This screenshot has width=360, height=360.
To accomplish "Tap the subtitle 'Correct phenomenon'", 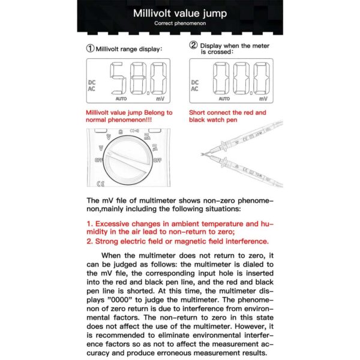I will [x=179, y=23].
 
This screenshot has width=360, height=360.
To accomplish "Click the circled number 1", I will [x=90, y=49].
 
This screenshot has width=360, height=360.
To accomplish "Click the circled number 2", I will [x=193, y=45].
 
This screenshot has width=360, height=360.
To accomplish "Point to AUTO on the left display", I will [x=121, y=98].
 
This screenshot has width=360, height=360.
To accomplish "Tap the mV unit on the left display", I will [x=160, y=98].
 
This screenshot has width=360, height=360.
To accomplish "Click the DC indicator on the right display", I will [x=194, y=82].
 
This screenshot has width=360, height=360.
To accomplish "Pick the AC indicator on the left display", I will [x=91, y=89].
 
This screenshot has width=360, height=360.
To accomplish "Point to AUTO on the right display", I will [x=224, y=98].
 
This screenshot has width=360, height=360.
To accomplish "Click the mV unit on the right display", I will [x=262, y=98].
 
